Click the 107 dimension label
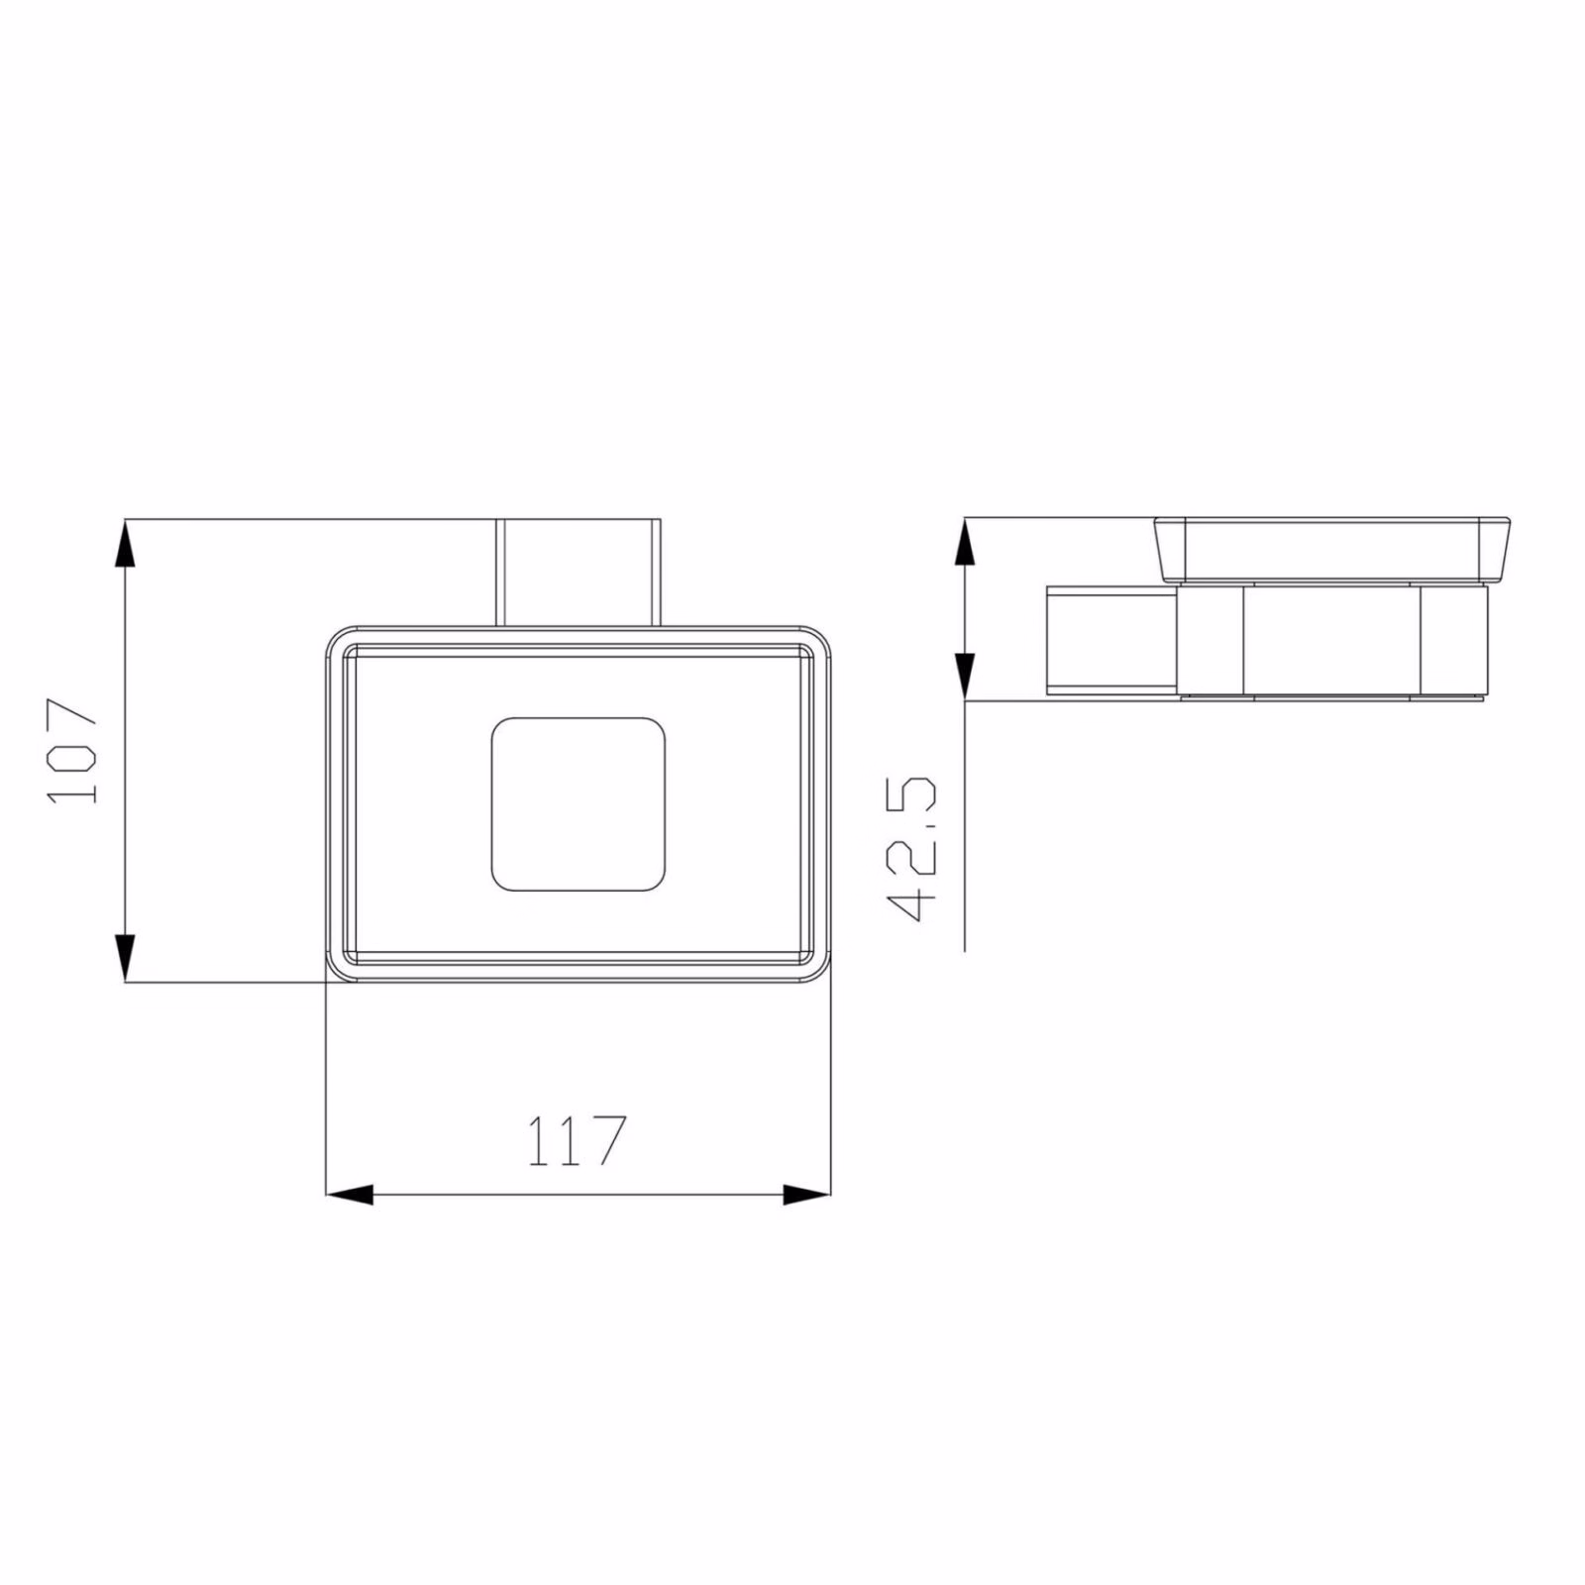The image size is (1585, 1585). tap(73, 751)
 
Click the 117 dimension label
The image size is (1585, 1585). tap(576, 1140)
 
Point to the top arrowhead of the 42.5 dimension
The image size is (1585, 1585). tap(965, 542)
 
